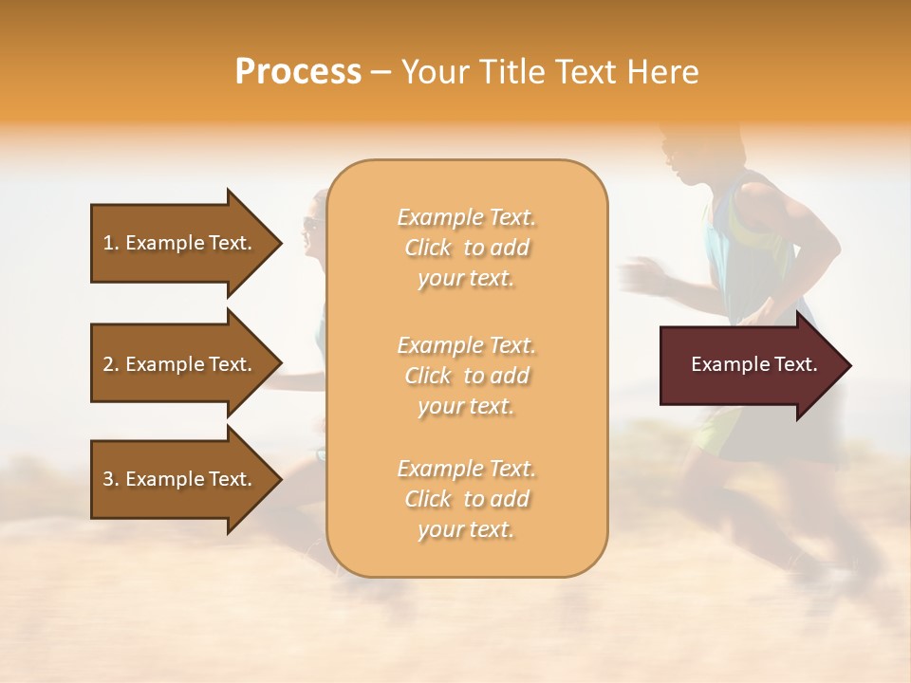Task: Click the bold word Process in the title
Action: tap(298, 72)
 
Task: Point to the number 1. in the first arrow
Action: tap(111, 243)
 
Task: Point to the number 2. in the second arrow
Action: tap(111, 364)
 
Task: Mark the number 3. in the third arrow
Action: tap(111, 479)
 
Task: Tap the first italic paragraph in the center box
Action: tap(466, 248)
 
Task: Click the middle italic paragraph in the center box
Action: tap(466, 376)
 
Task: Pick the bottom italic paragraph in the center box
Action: tap(466, 499)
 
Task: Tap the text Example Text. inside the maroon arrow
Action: tap(753, 364)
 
